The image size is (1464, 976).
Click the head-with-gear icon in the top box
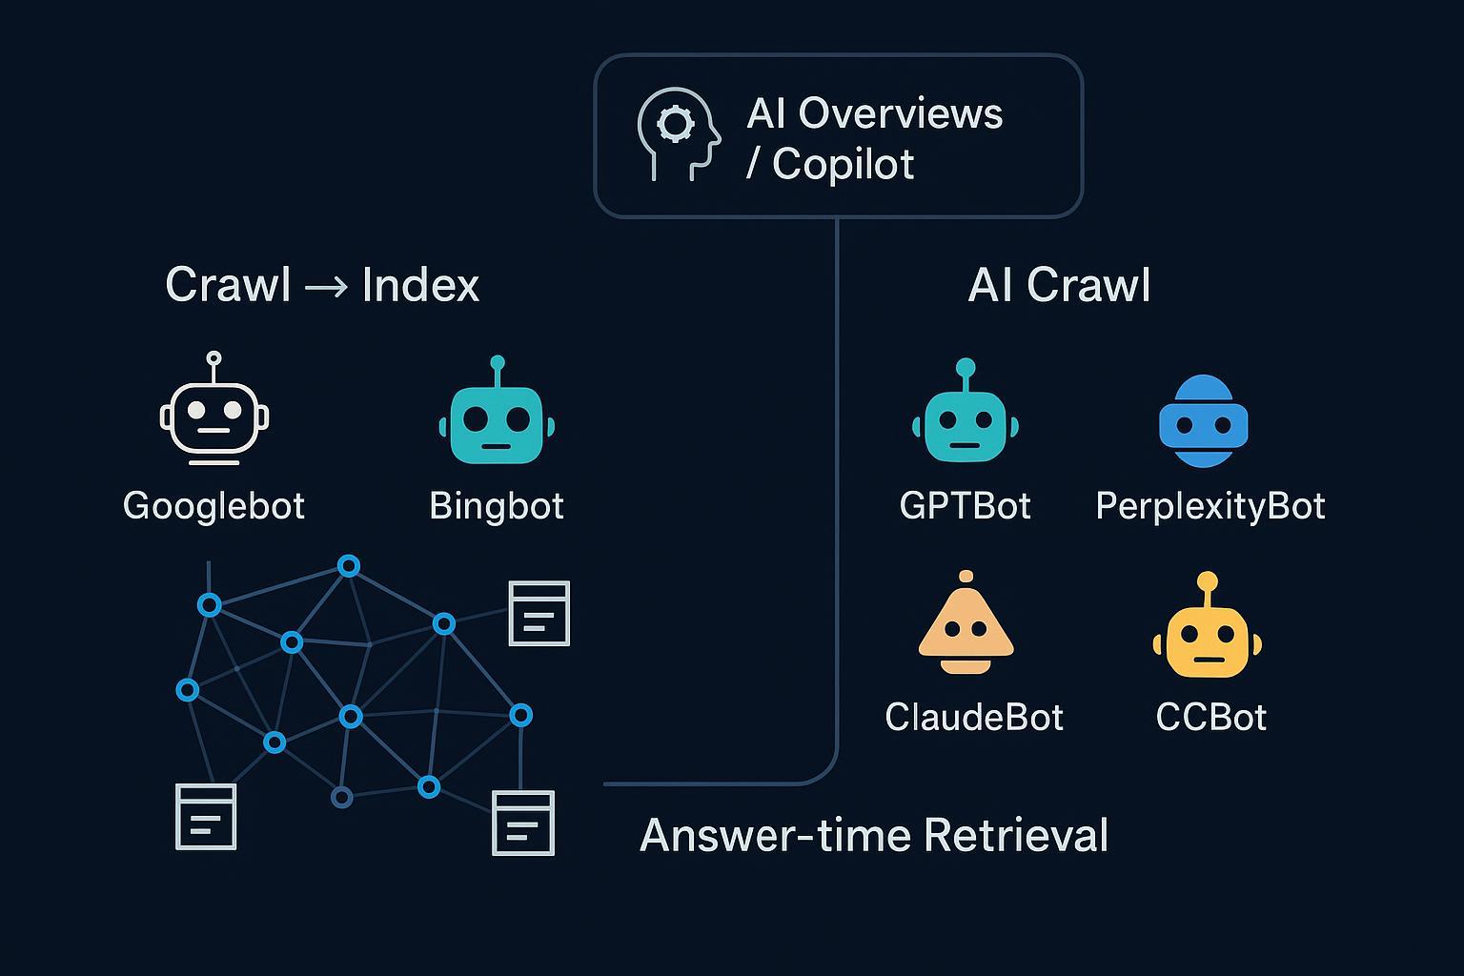pyautogui.click(x=678, y=134)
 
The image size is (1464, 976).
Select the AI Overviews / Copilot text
pyautogui.click(x=874, y=138)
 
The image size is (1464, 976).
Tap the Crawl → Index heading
pyautogui.click(x=322, y=284)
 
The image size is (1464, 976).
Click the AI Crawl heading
pyautogui.click(x=1059, y=285)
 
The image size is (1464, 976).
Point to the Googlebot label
pyautogui.click(x=213, y=505)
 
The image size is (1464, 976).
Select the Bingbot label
pyautogui.click(x=497, y=505)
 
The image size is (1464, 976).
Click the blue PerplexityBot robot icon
pyautogui.click(x=1203, y=421)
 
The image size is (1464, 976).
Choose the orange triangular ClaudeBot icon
pyautogui.click(x=966, y=627)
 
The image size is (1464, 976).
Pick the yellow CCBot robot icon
pyautogui.click(x=1207, y=633)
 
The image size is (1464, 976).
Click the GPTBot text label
pyautogui.click(x=965, y=505)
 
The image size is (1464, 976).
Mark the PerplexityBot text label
pyautogui.click(x=1210, y=505)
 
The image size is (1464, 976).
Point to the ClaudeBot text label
pyautogui.click(x=973, y=717)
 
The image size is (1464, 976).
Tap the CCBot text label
pyautogui.click(x=1210, y=717)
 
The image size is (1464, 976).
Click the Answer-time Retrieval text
pyautogui.click(x=873, y=835)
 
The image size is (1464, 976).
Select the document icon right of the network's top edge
pyautogui.click(x=539, y=613)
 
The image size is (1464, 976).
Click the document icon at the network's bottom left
pyautogui.click(x=206, y=816)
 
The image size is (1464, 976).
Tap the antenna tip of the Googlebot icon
pyautogui.click(x=213, y=358)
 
